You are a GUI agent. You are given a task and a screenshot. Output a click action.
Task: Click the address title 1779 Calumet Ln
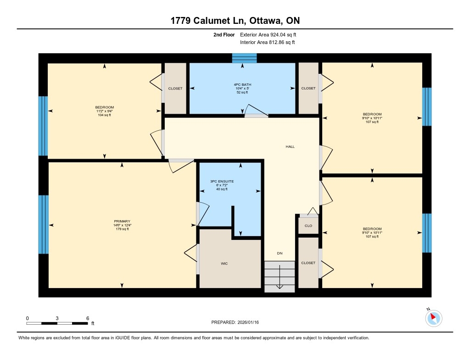point(208,20)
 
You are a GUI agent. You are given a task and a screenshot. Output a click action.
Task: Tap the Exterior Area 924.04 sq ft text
point(268,35)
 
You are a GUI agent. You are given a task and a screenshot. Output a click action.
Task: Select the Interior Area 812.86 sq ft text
point(268,42)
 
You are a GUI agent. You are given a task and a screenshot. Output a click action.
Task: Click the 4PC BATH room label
point(242,85)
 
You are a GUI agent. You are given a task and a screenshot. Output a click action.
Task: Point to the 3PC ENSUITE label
point(222,182)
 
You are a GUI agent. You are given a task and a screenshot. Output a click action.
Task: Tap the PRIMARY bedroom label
point(122,222)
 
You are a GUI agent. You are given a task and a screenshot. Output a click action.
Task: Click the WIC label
point(224,264)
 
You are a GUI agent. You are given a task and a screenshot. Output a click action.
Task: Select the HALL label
point(290,147)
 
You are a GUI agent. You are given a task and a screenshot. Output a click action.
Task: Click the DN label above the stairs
point(280,254)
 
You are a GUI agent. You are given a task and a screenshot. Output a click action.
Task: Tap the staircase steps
point(280,277)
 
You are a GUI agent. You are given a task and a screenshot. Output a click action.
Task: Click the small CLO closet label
point(308,226)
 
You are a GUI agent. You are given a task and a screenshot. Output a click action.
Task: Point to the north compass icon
point(433,318)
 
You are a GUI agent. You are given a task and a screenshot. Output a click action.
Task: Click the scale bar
point(57,323)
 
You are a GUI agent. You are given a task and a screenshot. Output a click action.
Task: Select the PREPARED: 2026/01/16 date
point(235,322)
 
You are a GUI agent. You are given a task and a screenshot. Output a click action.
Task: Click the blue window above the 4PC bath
point(245,58)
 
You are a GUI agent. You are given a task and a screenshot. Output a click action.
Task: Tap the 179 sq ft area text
point(122,229)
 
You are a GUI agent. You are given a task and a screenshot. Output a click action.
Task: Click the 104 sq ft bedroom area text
point(104,115)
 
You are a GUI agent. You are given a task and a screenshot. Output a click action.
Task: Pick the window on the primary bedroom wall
point(44,225)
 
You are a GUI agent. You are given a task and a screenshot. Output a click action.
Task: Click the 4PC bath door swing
point(256,110)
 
